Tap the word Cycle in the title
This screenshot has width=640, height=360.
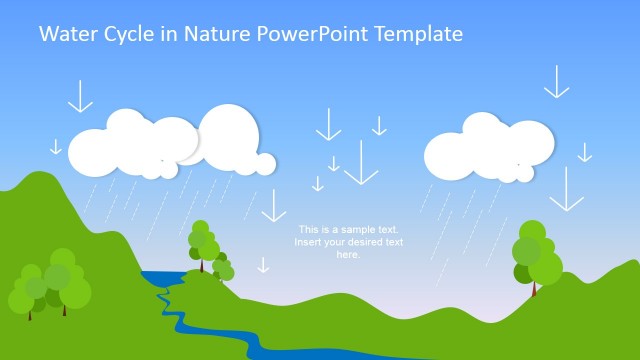click(x=129, y=34)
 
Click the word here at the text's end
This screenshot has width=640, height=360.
click(x=347, y=255)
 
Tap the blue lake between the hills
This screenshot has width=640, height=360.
click(x=160, y=277)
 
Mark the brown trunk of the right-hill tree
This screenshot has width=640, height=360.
click(x=534, y=289)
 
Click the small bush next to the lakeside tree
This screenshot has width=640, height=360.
click(x=225, y=269)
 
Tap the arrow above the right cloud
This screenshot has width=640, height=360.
click(x=556, y=82)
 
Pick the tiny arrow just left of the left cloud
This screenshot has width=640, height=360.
click(x=56, y=147)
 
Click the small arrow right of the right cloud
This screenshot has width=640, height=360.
click(x=585, y=152)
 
